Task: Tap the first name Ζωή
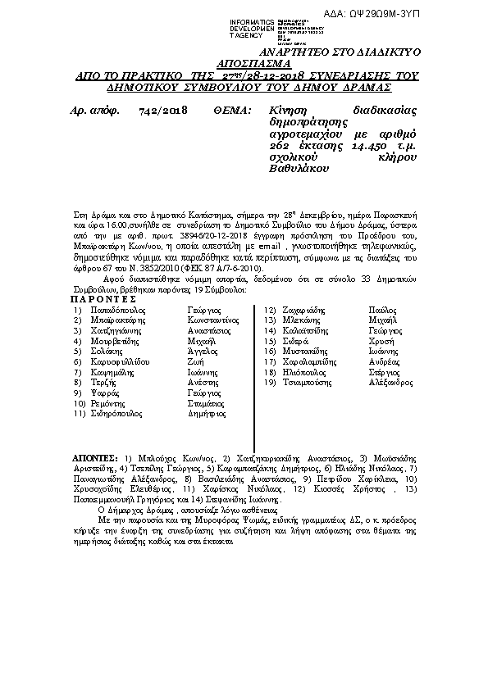point(194,384)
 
